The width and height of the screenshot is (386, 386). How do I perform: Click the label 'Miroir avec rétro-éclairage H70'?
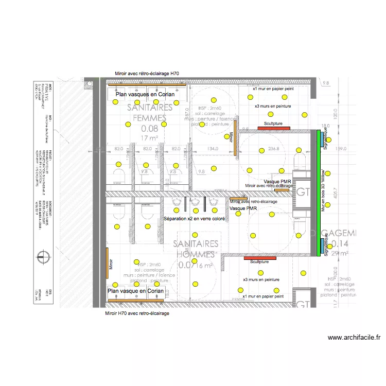click(147, 74)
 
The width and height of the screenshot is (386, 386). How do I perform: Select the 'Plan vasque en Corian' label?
click(136, 291)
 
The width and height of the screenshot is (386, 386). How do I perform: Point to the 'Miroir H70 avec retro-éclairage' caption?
click(137, 313)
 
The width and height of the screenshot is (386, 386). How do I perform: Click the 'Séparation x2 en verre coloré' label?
click(194, 219)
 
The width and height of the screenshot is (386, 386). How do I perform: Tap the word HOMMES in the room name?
click(195, 254)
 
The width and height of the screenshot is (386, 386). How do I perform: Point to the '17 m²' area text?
click(149, 138)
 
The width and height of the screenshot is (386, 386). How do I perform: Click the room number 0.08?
click(150, 128)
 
